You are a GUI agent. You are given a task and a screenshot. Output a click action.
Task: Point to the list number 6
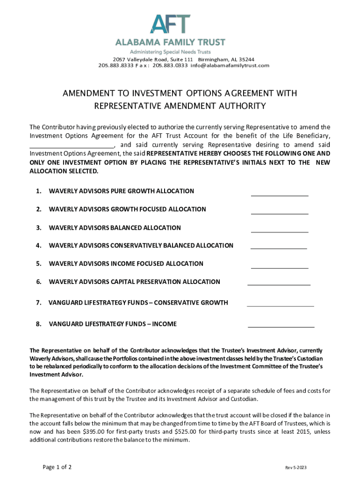click(39, 282)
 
